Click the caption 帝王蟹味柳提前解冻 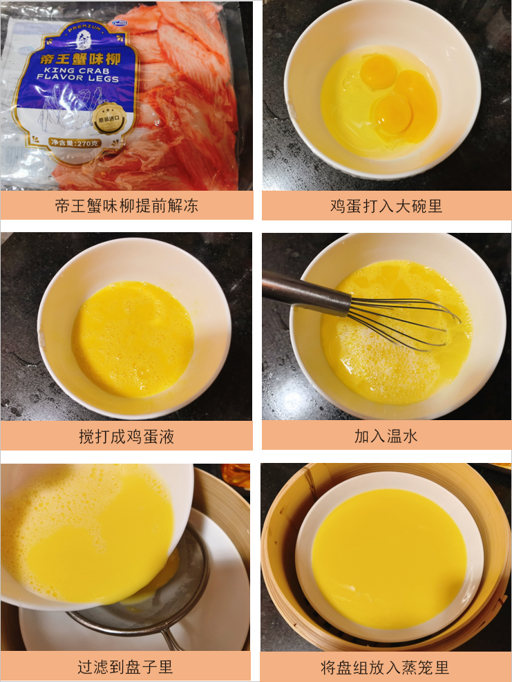pyautogui.click(x=126, y=205)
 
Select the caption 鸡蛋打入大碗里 pyautogui.click(x=386, y=205)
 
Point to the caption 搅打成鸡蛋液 pyautogui.click(x=126, y=436)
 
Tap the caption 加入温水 pyautogui.click(x=386, y=436)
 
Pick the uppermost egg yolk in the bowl pyautogui.click(x=379, y=73)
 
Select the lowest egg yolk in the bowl pyautogui.click(x=392, y=114)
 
